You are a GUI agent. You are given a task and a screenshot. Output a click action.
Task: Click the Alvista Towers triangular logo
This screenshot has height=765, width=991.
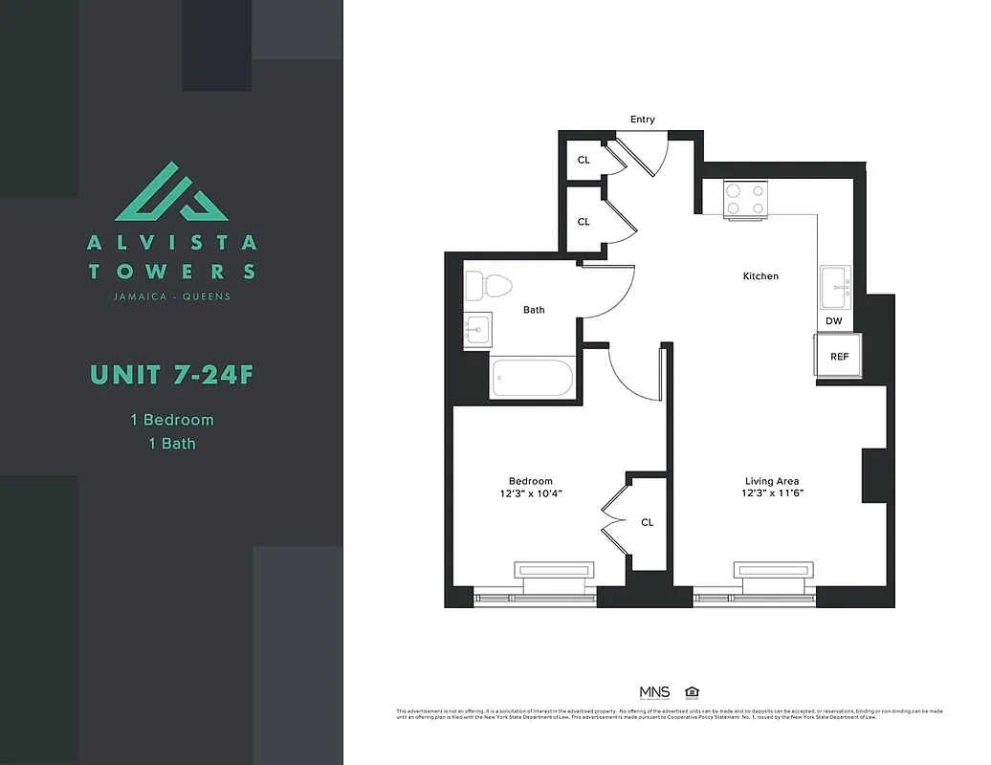point(171,192)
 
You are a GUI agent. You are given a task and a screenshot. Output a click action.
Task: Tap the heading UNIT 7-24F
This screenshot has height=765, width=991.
point(171,374)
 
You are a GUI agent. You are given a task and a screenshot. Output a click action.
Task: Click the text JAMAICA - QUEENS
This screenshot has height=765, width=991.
point(171,296)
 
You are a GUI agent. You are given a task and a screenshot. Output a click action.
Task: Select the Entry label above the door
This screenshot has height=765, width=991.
point(643,120)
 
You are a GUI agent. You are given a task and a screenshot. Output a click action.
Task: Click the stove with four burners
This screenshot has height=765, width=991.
point(745,199)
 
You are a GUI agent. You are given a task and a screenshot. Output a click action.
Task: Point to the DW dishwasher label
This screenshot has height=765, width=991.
point(834,321)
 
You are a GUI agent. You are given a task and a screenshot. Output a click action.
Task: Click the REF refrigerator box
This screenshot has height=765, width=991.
point(839,357)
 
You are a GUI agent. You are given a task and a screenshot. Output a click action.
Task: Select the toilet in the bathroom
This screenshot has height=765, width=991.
point(489,286)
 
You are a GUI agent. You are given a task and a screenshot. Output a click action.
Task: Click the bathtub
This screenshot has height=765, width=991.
point(532,379)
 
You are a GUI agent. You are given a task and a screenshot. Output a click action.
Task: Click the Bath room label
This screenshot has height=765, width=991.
point(534,310)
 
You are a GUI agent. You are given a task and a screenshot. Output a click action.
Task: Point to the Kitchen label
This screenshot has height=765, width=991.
point(760,276)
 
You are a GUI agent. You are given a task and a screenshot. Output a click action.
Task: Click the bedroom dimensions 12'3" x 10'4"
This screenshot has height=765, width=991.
point(531,494)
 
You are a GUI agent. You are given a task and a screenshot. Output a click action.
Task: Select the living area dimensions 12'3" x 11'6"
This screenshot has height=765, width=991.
point(772,494)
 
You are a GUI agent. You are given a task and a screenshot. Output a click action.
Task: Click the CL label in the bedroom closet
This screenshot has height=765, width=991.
point(647,522)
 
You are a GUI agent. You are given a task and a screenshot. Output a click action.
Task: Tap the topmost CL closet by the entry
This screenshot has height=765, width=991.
point(584,160)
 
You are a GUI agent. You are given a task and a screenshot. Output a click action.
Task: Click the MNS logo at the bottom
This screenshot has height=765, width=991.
point(654,692)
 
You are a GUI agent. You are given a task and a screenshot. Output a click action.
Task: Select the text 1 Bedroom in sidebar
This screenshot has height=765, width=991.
point(171,420)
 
